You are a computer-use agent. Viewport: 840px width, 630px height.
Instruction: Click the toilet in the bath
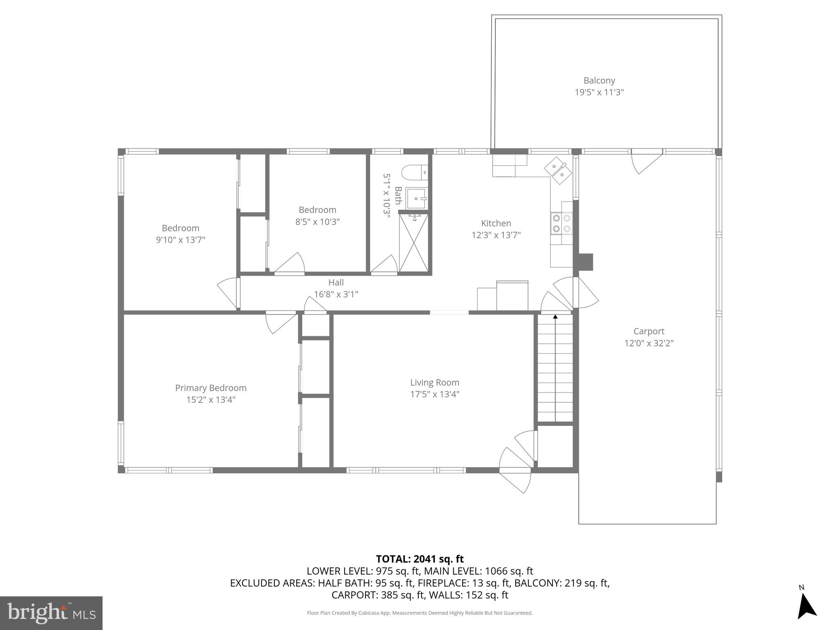pyautogui.click(x=414, y=173)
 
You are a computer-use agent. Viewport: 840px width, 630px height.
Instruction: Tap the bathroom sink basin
pyautogui.click(x=417, y=199)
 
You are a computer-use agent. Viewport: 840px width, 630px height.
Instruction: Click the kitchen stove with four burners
pyautogui.click(x=562, y=224)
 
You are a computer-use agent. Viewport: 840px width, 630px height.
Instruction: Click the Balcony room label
pyautogui.click(x=599, y=80)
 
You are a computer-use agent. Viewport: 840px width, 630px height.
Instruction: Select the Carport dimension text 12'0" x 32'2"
pyautogui.click(x=649, y=343)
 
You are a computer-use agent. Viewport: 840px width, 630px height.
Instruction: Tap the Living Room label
pyautogui.click(x=435, y=382)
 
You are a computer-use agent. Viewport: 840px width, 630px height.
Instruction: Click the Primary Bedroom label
pyautogui.click(x=211, y=388)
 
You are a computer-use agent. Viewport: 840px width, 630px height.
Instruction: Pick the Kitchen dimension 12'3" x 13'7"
pyautogui.click(x=496, y=235)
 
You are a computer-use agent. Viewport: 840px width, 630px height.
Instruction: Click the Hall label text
pyautogui.click(x=336, y=282)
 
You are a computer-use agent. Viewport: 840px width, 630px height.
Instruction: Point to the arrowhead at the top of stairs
pyautogui.click(x=555, y=316)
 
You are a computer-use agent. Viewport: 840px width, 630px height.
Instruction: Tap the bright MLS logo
pyautogui.click(x=51, y=613)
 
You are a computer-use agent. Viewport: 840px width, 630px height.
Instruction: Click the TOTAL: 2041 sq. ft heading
pyautogui.click(x=420, y=559)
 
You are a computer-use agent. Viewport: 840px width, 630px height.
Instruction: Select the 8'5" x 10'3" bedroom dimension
pyautogui.click(x=317, y=222)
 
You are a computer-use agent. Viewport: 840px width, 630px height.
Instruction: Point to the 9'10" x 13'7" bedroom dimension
pyautogui.click(x=180, y=240)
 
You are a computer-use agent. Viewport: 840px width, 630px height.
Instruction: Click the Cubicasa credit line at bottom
pyautogui.click(x=420, y=613)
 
